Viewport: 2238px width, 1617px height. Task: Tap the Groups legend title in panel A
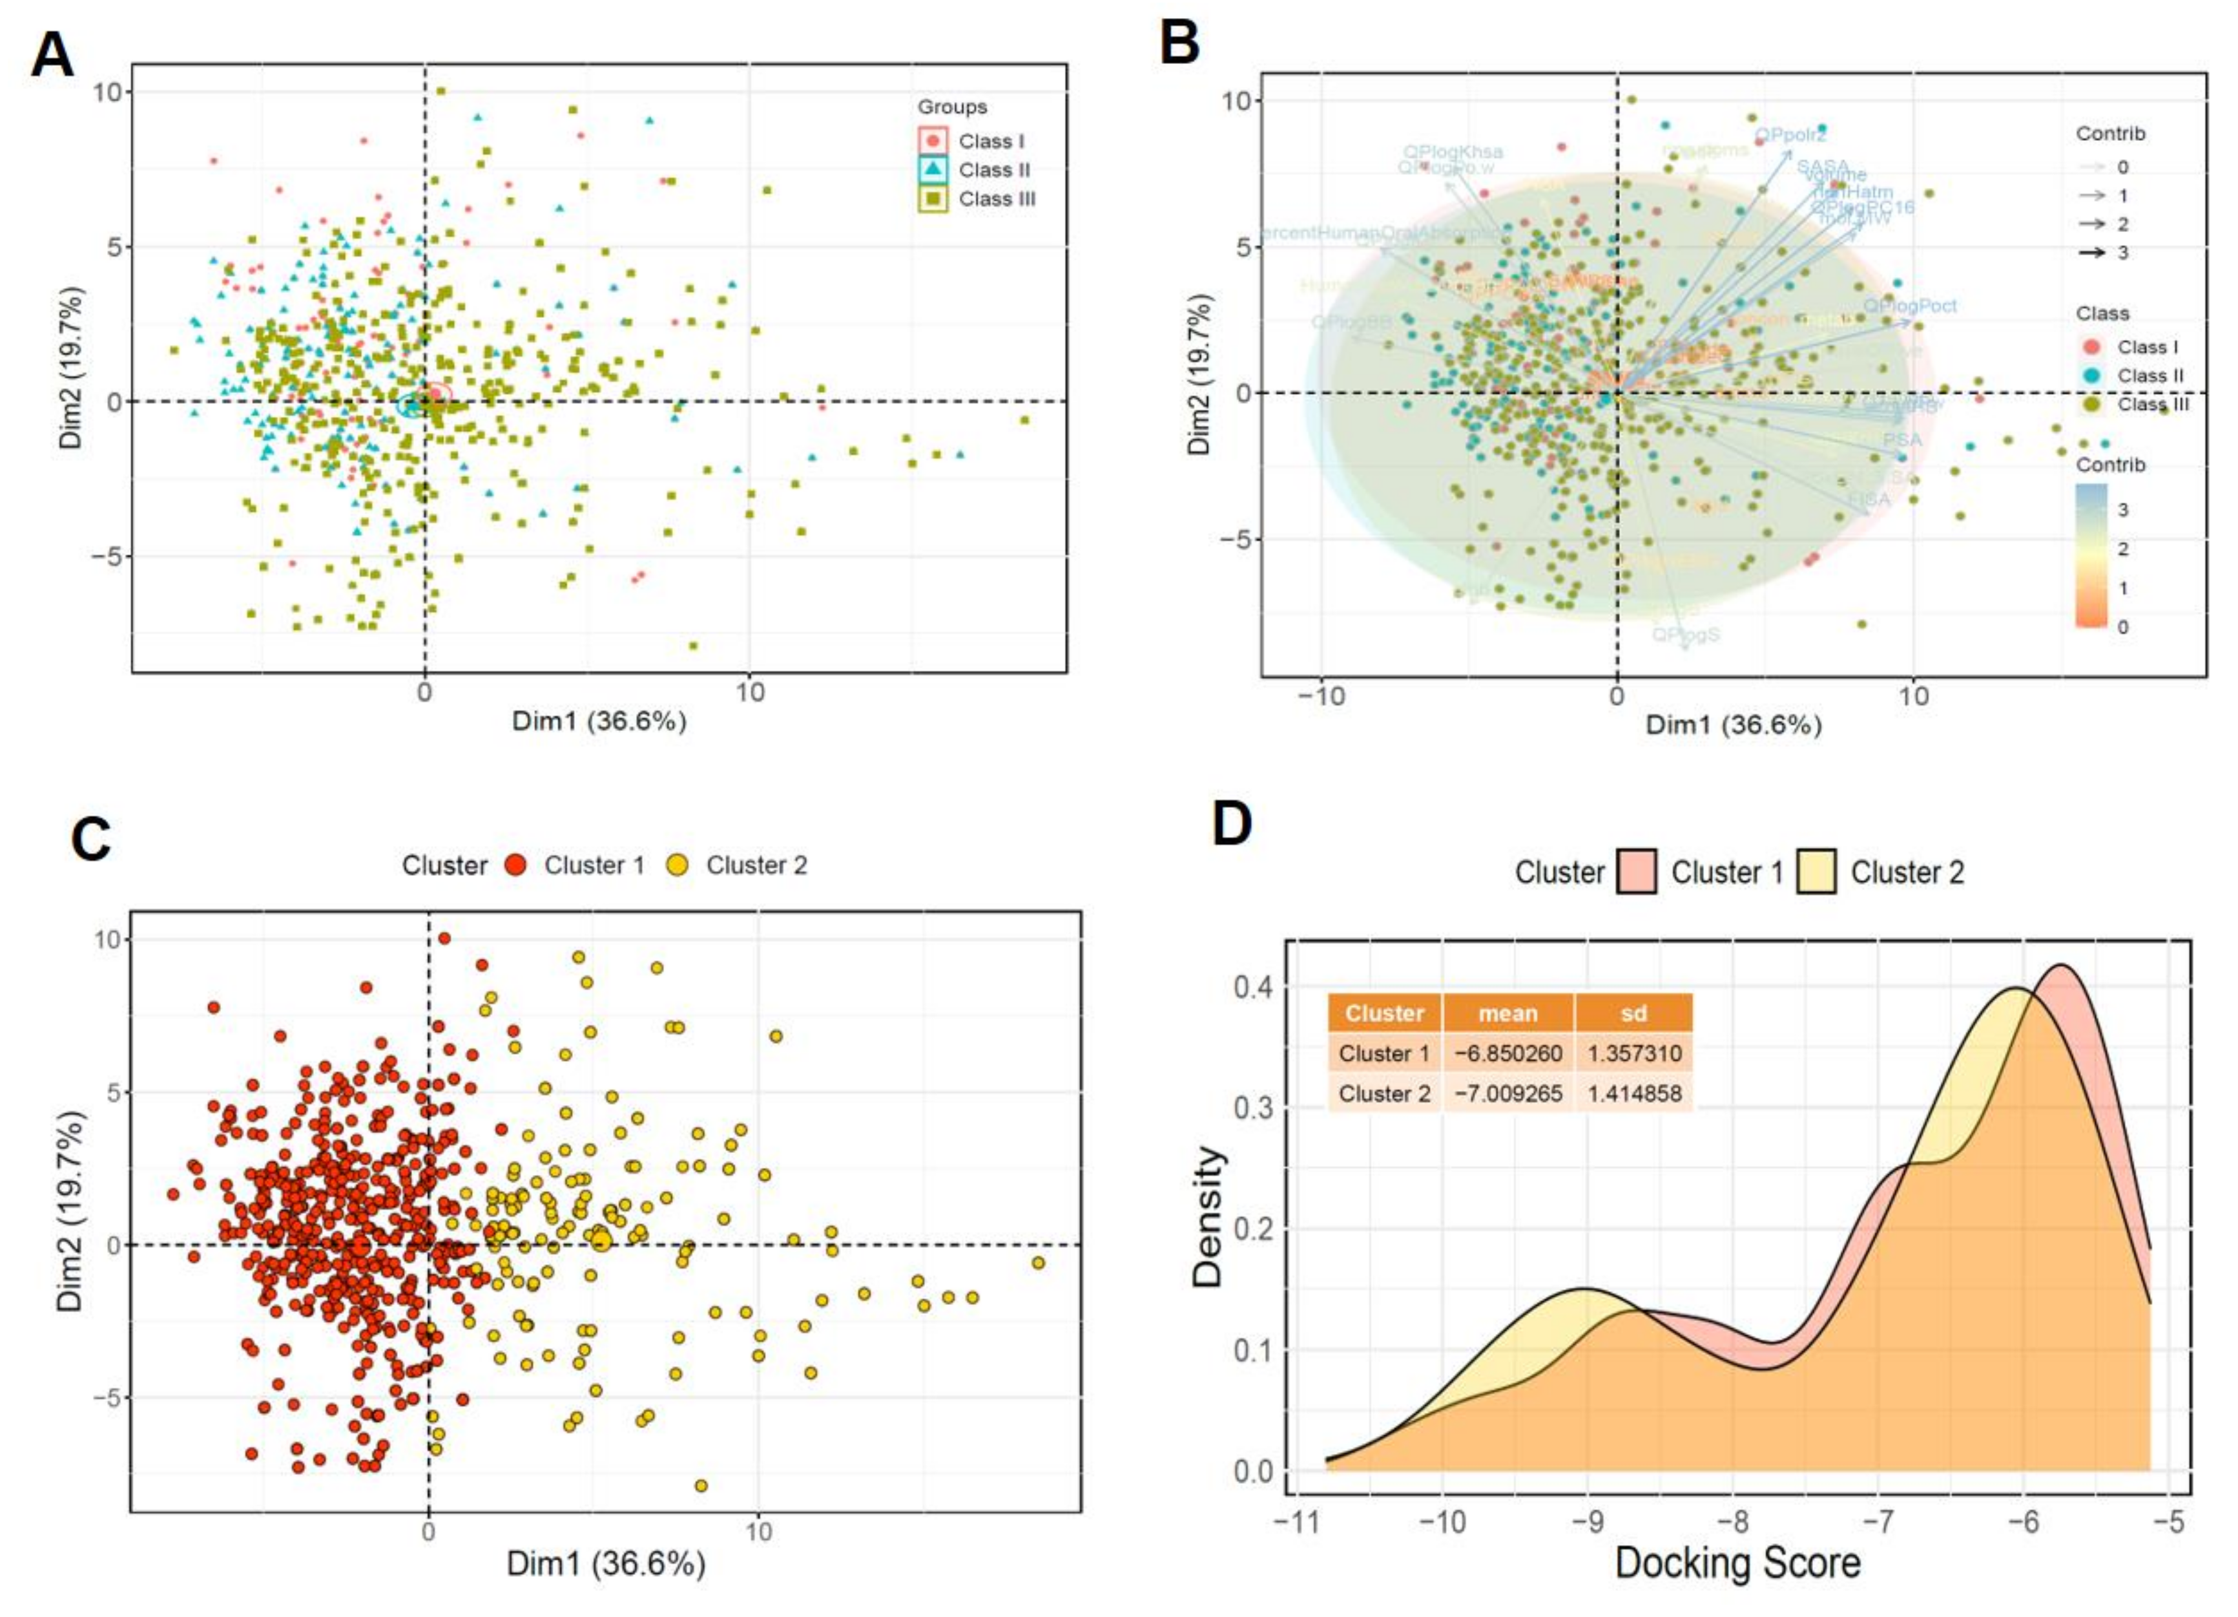[951, 107]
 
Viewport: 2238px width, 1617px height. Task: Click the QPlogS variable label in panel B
[1685, 634]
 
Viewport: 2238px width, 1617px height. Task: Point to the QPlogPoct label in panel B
[1909, 306]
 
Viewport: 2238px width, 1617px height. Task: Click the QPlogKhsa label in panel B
[1453, 152]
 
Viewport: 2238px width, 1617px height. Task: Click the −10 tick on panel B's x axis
[1320, 696]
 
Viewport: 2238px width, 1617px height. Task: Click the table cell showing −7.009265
[1508, 1094]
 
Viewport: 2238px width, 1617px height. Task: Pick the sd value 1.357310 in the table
[1634, 1053]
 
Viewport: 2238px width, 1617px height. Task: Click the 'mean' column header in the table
[1508, 1013]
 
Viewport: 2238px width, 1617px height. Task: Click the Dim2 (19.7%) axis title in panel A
[71, 367]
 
